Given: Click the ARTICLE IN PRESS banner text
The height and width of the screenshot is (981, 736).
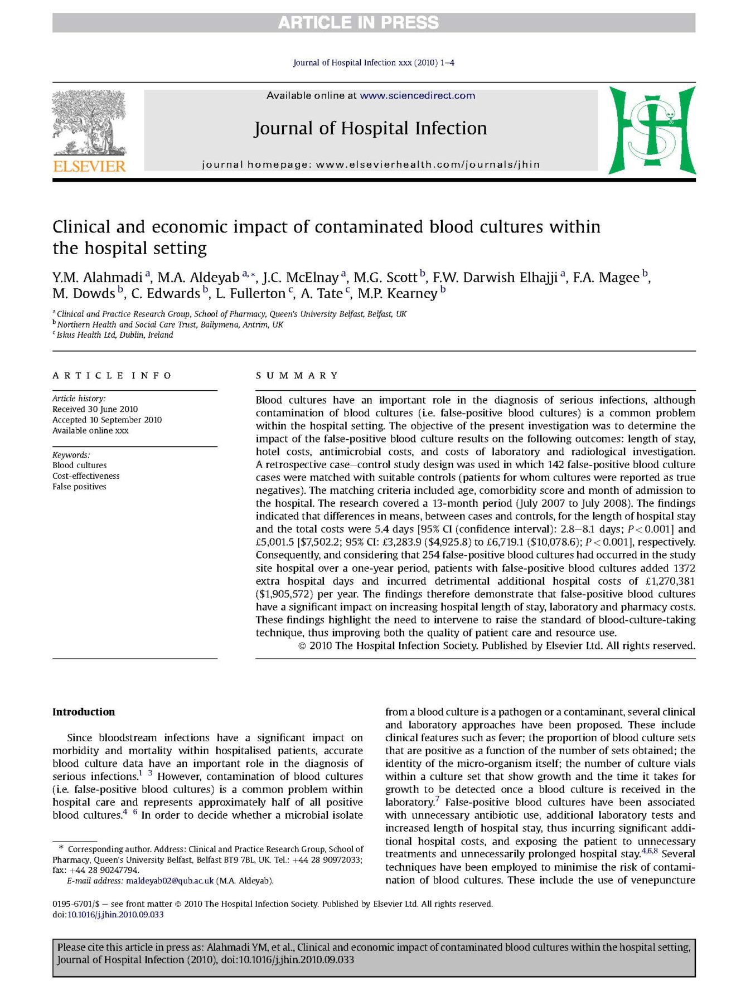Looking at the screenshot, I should point(359,23).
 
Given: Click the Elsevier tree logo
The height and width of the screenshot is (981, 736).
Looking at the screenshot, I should point(89,123).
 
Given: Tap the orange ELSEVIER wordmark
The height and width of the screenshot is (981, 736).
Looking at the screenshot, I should point(89,166).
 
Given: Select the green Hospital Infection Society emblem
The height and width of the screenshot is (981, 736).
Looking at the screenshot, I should point(652,130).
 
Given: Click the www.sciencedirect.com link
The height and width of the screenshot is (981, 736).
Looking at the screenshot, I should point(417,95).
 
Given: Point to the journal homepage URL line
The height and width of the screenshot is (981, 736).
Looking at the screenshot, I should point(371,164).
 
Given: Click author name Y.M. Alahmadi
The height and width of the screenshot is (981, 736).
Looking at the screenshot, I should point(98,278).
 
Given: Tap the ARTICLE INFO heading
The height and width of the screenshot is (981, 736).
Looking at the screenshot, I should point(112,376).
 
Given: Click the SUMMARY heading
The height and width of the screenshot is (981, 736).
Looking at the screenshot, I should point(297,376).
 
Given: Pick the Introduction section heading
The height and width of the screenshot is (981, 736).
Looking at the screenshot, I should point(84,712).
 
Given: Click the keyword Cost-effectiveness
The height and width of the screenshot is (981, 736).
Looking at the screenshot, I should point(86,476).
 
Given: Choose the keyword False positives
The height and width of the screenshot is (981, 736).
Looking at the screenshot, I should point(79,487).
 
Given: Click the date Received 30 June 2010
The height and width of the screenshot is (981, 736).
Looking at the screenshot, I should point(95,409).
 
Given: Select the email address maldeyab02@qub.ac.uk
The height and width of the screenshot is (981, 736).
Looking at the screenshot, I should point(170,881).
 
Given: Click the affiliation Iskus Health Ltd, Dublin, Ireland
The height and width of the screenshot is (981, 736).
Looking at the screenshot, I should point(115,335).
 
